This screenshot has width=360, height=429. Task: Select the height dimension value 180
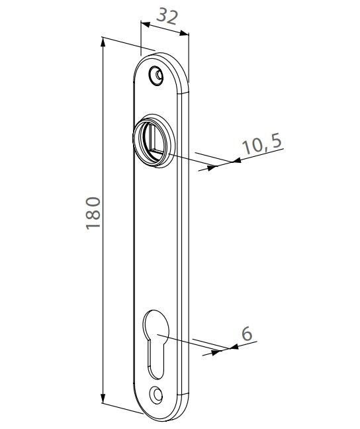point(93,213)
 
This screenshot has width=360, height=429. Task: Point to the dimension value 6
point(246,334)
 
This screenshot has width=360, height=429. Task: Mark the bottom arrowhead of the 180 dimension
point(103,399)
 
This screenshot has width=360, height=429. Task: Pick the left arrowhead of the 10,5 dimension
point(212,167)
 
